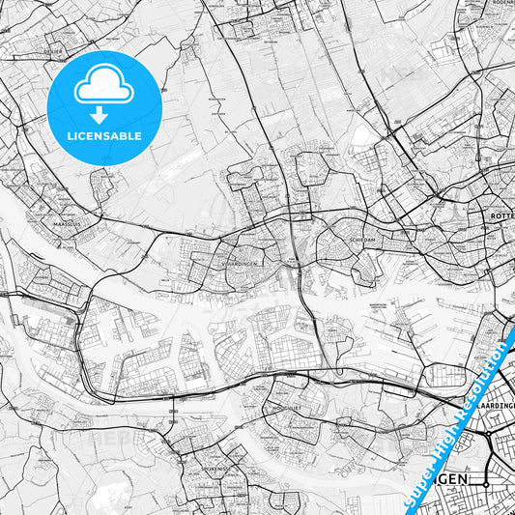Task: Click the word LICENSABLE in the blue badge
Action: (103, 136)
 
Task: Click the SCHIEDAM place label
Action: (349, 233)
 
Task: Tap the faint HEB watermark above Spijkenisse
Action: (106, 437)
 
